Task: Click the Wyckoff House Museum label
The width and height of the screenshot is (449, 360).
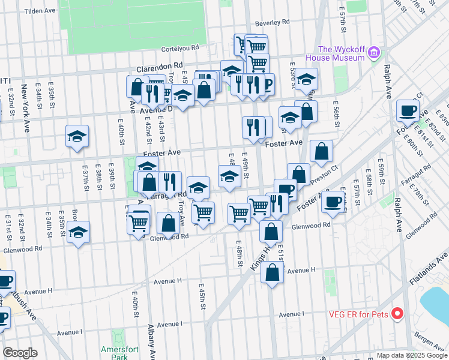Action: [x=334, y=53]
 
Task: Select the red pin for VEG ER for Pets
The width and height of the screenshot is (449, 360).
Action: [x=397, y=313]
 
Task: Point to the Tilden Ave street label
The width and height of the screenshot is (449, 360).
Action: [x=40, y=11]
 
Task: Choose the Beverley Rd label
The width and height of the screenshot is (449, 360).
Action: [x=272, y=22]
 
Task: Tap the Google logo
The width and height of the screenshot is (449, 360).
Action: [x=20, y=353]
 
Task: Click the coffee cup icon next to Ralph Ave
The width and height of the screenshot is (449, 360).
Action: [x=408, y=110]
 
